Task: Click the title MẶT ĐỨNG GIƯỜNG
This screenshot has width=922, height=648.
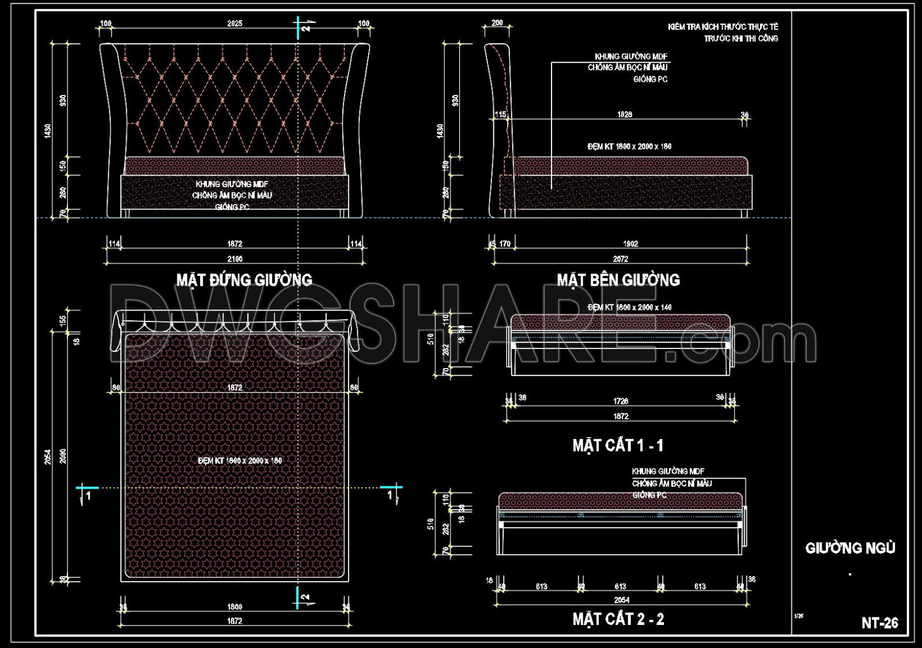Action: click(244, 280)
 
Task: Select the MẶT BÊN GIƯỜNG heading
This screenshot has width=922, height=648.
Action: click(618, 280)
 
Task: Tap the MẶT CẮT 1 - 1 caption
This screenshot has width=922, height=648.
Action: click(618, 445)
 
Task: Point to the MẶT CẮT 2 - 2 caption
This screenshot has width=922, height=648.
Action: click(618, 619)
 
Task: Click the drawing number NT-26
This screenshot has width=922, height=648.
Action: click(879, 623)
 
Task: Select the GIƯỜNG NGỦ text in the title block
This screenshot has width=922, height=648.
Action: click(850, 548)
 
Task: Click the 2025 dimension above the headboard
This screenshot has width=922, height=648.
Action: click(235, 24)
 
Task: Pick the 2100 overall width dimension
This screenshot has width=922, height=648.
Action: click(235, 259)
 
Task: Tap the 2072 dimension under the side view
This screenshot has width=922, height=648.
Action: click(621, 259)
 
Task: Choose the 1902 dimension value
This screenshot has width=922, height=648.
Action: click(630, 244)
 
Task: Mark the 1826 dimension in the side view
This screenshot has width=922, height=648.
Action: click(625, 115)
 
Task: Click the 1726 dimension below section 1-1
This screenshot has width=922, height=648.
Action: click(621, 401)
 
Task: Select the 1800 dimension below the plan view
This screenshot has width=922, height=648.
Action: click(235, 607)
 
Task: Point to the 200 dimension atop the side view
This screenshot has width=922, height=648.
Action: click(497, 23)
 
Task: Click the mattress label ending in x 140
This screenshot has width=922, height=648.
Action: click(629, 308)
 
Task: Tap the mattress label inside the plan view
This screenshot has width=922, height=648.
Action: click(240, 461)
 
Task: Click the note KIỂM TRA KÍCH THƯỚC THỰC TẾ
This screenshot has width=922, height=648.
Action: click(723, 27)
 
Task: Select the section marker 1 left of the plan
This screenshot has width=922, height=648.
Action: click(88, 495)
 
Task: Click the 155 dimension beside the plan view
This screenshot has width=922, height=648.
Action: click(63, 320)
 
